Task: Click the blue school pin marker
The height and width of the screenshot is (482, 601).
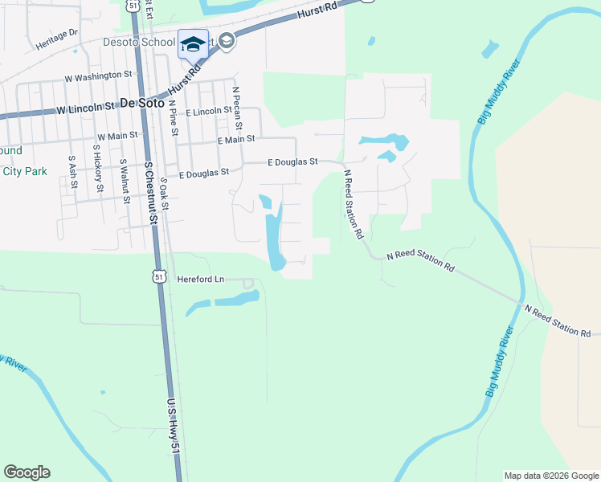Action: tap(193, 46)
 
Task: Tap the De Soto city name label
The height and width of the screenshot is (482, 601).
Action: tap(141, 103)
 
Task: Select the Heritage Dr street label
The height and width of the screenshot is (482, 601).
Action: tap(56, 39)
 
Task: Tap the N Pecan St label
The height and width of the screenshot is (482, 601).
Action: tap(238, 108)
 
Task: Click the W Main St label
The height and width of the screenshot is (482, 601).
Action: tap(117, 137)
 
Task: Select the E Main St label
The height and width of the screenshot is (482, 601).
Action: tap(236, 139)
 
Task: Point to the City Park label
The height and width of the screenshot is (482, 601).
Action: tap(25, 171)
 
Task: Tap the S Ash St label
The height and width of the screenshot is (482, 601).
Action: tap(72, 172)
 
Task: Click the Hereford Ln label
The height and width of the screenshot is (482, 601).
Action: tap(200, 280)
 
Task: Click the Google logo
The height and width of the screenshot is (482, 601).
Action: tap(27, 472)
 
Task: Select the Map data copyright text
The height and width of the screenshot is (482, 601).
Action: tap(550, 476)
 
